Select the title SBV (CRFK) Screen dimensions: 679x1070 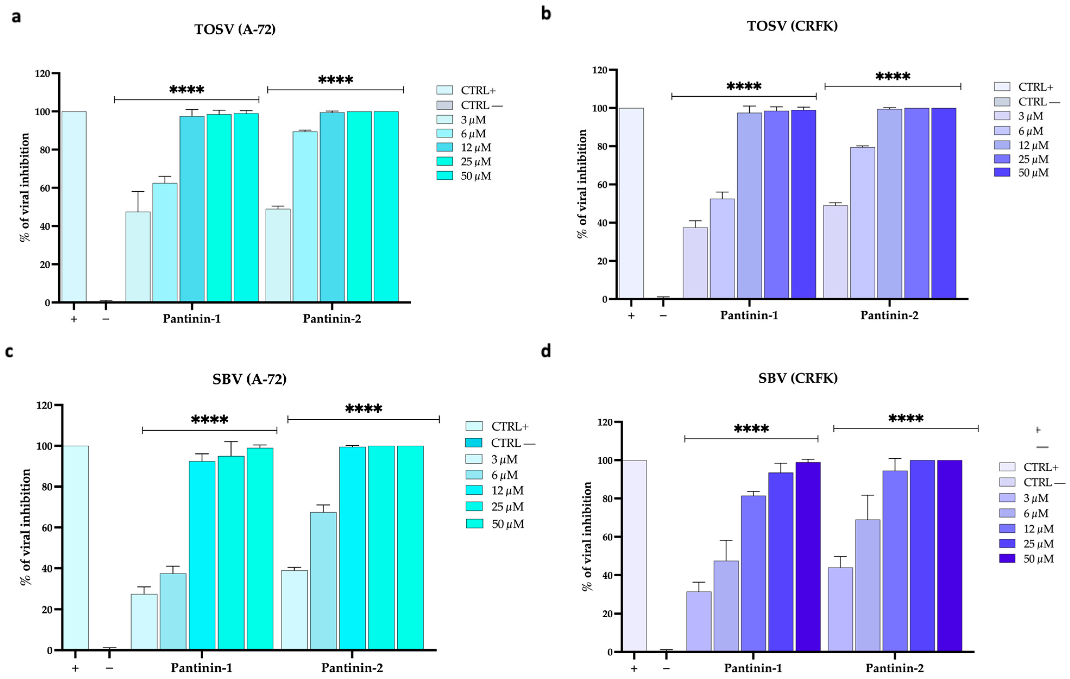(798, 378)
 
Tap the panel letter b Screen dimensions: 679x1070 (546, 14)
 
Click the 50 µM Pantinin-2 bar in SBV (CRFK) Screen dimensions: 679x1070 (949, 555)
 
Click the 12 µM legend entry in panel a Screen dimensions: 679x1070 (464, 147)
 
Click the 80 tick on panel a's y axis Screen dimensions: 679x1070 (45, 150)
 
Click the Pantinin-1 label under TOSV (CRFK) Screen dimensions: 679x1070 (749, 315)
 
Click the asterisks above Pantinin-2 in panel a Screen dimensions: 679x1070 (336, 80)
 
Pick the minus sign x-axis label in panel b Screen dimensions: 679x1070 (663, 315)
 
